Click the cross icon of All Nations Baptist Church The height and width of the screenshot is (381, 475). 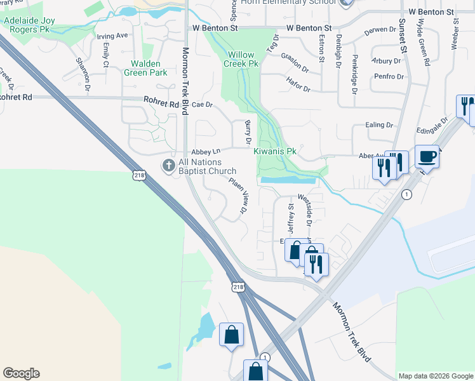[x=168, y=165]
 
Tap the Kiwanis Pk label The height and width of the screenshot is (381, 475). [x=275, y=152]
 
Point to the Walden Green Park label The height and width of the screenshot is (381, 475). [x=149, y=68]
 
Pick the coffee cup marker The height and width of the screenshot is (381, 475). [x=427, y=156]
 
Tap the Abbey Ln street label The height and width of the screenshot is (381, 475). [x=206, y=152]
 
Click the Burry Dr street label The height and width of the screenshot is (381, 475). [x=248, y=131]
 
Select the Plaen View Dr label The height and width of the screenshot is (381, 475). [x=237, y=194]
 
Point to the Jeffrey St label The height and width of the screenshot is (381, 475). [x=291, y=217]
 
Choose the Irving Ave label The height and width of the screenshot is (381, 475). [x=112, y=36]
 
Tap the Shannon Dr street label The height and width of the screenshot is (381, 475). [x=83, y=70]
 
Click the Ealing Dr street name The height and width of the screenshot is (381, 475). [x=379, y=126]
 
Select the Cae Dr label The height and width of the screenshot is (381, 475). [x=201, y=105]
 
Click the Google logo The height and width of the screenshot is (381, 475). [x=21, y=373]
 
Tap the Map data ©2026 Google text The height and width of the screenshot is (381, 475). [x=435, y=376]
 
